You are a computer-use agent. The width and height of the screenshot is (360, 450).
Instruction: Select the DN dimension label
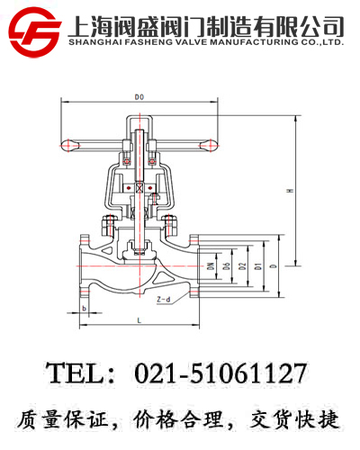(x=210, y=265)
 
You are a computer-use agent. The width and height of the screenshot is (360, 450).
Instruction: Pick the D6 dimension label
(x=228, y=265)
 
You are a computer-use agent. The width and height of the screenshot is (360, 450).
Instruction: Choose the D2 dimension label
(x=243, y=265)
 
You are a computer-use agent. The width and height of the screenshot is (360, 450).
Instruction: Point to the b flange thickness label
(x=84, y=309)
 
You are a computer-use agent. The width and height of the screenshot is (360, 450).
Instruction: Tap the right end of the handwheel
(x=210, y=141)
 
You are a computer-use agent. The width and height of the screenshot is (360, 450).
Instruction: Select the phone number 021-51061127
(x=220, y=372)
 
